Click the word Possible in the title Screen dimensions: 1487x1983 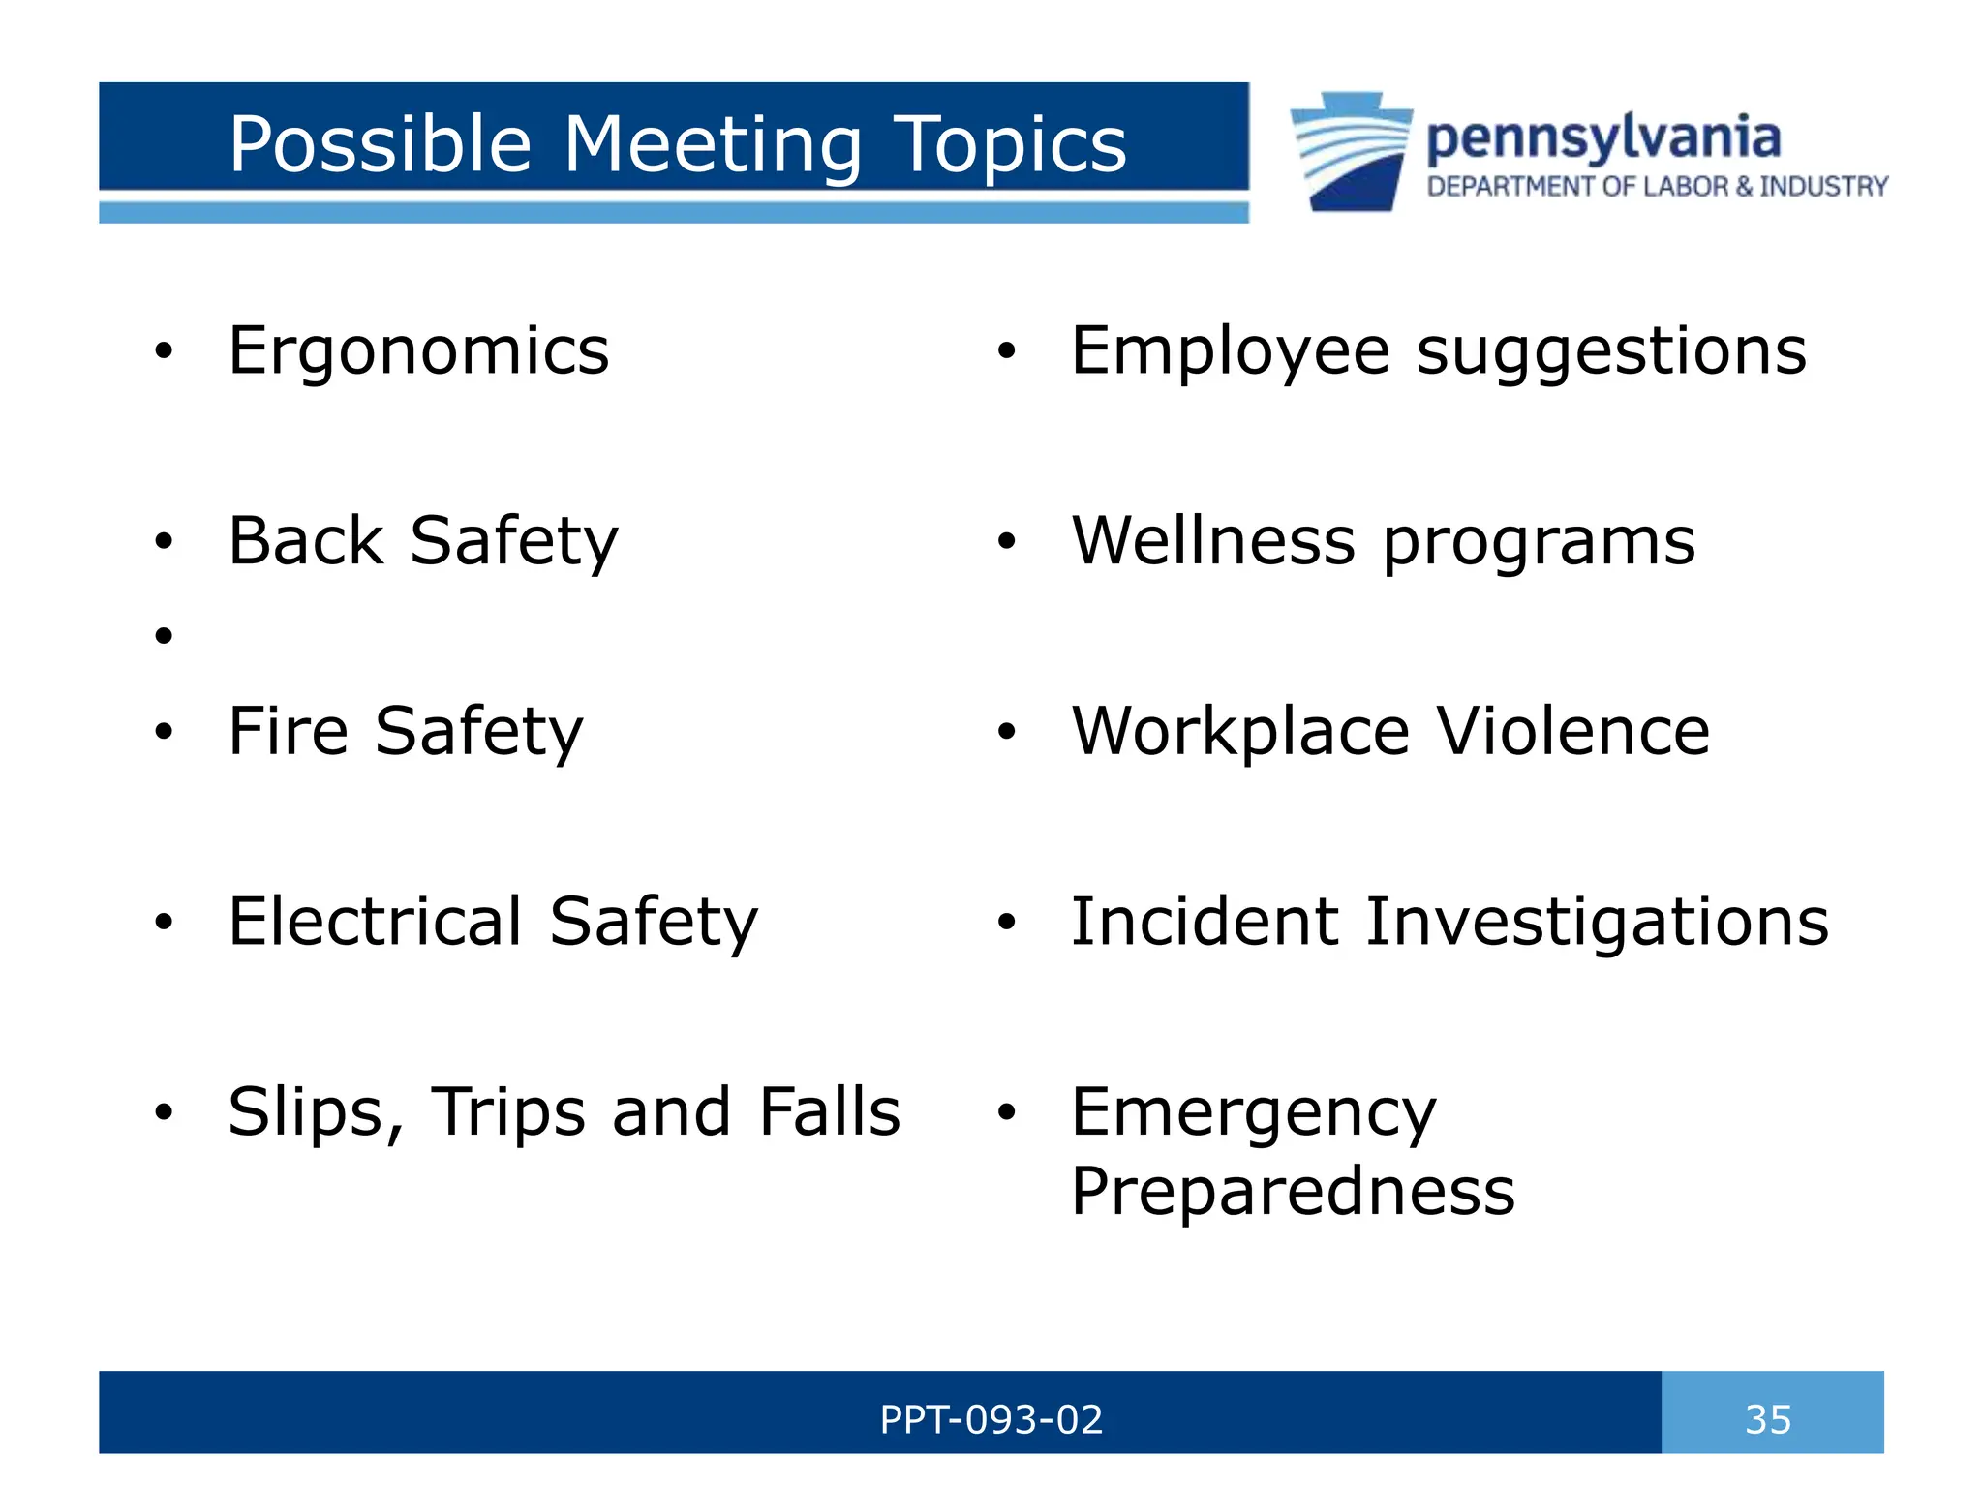pyautogui.click(x=380, y=145)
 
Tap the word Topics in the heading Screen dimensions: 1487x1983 pyautogui.click(x=1010, y=145)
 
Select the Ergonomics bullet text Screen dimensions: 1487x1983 pyautogui.click(x=418, y=350)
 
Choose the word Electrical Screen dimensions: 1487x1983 pyautogui.click(x=375, y=921)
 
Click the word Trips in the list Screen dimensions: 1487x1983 pyautogui.click(x=507, y=1111)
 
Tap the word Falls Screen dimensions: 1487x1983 pyautogui.click(x=829, y=1111)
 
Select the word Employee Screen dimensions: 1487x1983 pyautogui.click(x=1230, y=352)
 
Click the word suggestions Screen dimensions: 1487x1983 pyautogui.click(x=1611, y=352)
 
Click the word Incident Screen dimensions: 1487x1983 pyautogui.click(x=1205, y=921)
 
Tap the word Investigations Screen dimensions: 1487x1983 pyautogui.click(x=1597, y=921)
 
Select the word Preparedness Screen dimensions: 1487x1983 pyautogui.click(x=1293, y=1192)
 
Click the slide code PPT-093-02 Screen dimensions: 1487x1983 pyautogui.click(x=991, y=1419)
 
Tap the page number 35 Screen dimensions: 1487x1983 pyautogui.click(x=1768, y=1419)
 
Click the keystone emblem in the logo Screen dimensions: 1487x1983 pyautogui.click(x=1351, y=151)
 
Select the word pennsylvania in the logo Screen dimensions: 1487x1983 pyautogui.click(x=1602, y=138)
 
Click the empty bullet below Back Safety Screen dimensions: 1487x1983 pyautogui.click(x=164, y=635)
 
